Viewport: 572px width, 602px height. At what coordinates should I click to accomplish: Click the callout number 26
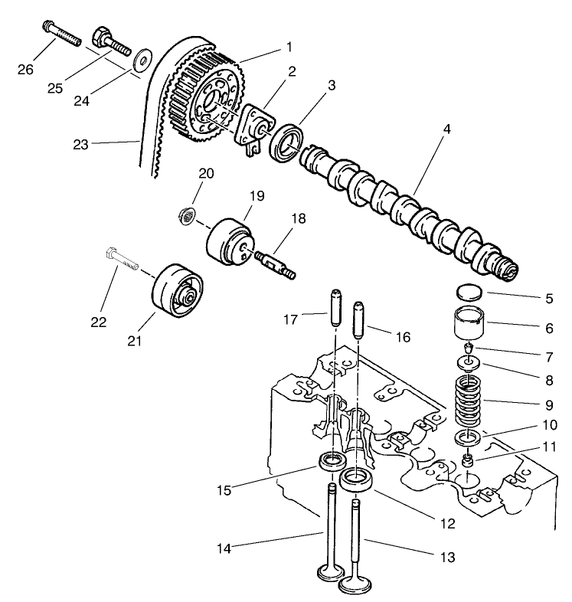pos(26,70)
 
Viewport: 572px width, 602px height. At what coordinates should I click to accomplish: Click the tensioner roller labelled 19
pos(228,244)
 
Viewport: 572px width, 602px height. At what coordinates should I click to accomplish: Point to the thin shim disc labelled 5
pos(468,292)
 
